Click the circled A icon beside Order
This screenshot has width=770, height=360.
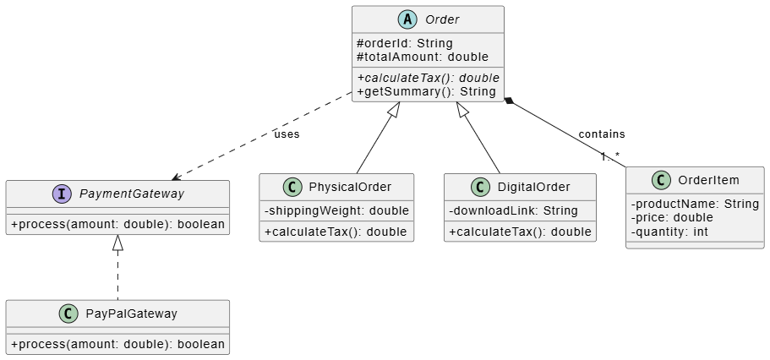[407, 19]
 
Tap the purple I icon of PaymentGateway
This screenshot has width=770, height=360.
[62, 194]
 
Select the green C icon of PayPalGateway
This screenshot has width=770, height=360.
[68, 314]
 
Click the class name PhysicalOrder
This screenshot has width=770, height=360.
[350, 187]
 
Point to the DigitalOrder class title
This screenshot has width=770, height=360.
[534, 187]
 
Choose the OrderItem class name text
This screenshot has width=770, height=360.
[708, 180]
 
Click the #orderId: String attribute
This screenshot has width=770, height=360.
[405, 43]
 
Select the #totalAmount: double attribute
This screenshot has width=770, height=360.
[423, 57]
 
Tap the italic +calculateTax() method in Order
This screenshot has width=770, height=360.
[429, 78]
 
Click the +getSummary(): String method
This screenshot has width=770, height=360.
[426, 91]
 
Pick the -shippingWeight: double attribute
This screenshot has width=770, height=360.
[336, 210]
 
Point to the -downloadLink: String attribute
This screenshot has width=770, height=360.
[513, 210]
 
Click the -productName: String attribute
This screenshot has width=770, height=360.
[695, 204]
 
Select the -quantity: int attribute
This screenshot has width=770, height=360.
[669, 232]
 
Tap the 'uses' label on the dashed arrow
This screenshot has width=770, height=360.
[287, 134]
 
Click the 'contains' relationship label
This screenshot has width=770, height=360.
[602, 134]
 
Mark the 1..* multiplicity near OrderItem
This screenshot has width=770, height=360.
[610, 156]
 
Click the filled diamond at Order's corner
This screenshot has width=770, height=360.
[509, 101]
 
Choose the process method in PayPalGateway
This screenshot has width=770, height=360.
[117, 344]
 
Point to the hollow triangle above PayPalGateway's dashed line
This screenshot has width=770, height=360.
[117, 243]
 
